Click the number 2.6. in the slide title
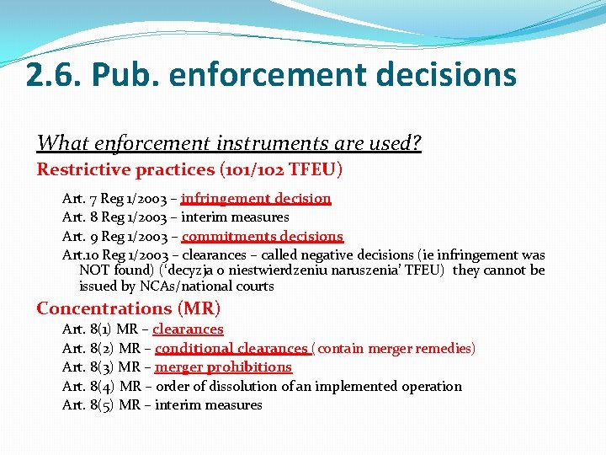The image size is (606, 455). (x=52, y=75)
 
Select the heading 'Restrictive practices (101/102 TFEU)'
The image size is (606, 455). (x=189, y=169)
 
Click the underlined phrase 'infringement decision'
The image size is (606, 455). (x=256, y=199)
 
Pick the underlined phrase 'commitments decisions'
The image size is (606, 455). (x=263, y=236)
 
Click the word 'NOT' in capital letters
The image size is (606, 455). (x=95, y=270)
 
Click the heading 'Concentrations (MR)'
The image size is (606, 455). (x=128, y=308)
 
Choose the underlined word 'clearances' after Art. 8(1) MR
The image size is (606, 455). (x=188, y=329)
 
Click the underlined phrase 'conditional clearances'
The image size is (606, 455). (x=231, y=348)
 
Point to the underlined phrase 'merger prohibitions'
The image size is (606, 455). (x=223, y=367)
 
